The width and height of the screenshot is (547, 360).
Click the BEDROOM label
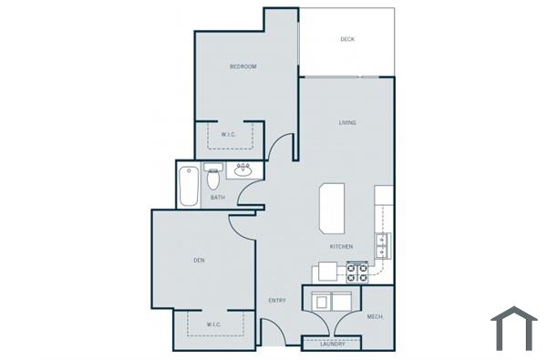pos(243,67)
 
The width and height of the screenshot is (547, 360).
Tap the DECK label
pos(347,39)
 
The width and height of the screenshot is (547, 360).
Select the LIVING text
pos(347,122)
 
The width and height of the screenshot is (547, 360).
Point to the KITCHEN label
pos(341,247)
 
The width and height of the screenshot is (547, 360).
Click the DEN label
pos(199,260)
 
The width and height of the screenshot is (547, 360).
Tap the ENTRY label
pos(277,300)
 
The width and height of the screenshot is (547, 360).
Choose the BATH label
pos(217,197)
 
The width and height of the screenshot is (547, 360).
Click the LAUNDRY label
pos(332,344)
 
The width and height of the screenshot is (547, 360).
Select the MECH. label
pos(375,316)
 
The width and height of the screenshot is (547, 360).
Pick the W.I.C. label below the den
pos(213,324)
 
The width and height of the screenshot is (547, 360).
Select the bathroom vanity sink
pos(243,170)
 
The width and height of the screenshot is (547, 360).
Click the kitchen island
pos(332,209)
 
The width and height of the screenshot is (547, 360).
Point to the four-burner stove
pos(357,272)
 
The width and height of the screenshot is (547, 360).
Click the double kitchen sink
pos(382,243)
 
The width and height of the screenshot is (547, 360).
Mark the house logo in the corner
pos(514,329)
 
